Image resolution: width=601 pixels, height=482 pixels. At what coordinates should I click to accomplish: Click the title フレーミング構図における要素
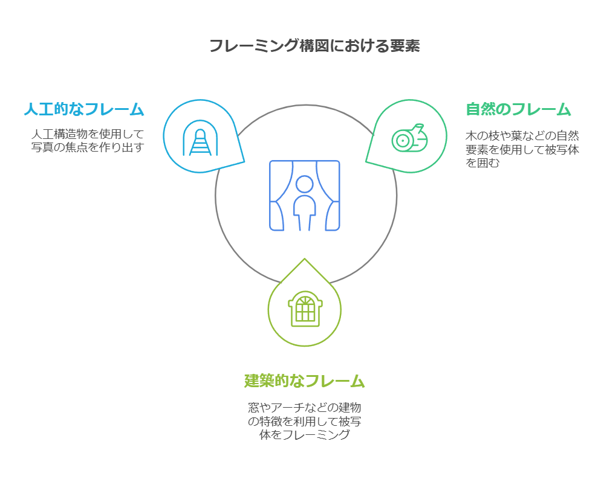click(314, 46)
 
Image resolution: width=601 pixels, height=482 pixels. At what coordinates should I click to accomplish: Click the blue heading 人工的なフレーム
click(84, 109)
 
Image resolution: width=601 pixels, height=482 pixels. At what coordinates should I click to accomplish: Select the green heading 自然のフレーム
click(518, 109)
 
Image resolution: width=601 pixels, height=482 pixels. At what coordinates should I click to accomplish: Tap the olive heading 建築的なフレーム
click(305, 381)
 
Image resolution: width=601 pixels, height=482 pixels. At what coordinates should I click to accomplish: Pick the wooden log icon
click(409, 140)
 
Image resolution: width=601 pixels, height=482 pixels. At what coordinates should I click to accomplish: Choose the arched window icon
click(305, 309)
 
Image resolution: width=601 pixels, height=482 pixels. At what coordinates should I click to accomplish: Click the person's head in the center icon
click(305, 184)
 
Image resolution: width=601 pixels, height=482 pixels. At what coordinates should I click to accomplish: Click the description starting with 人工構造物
click(88, 140)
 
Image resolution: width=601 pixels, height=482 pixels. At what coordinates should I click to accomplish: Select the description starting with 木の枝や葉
click(522, 149)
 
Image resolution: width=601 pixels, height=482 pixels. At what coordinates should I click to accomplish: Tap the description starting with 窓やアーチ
click(305, 421)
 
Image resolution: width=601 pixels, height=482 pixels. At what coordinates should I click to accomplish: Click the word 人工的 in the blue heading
click(46, 109)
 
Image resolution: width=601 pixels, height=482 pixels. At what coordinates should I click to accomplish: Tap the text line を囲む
click(482, 163)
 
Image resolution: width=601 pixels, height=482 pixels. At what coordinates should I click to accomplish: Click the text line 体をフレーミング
click(305, 435)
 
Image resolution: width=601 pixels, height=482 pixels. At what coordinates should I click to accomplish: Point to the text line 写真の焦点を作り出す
click(88, 147)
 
